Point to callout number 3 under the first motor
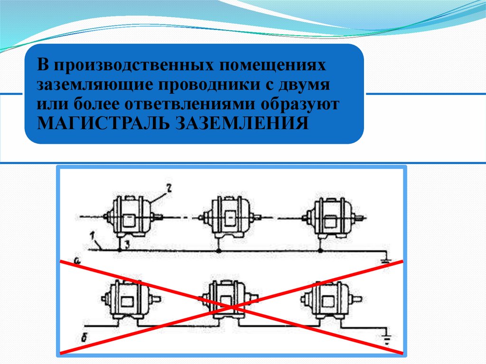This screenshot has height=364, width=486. click(x=127, y=243)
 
